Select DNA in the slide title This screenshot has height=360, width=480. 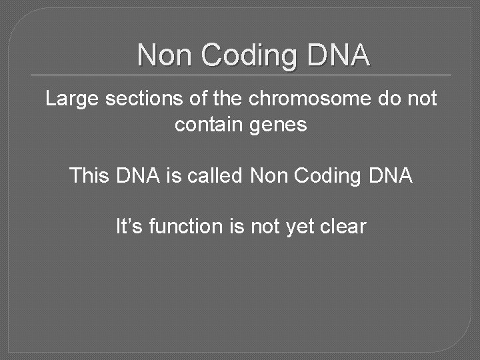point(338,55)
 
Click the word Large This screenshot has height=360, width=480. point(71,99)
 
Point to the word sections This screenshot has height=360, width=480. point(141,99)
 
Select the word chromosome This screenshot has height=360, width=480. point(300,99)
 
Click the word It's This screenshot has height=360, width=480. point(129,227)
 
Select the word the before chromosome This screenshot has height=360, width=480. point(229,99)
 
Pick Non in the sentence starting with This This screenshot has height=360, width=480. point(268,176)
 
